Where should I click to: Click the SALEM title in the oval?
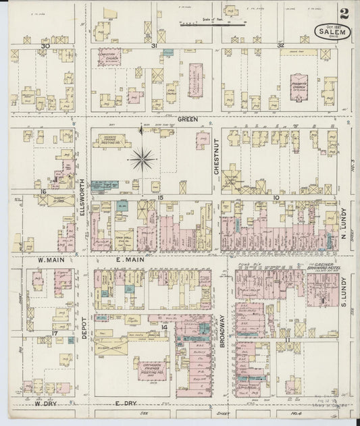coord(327,30)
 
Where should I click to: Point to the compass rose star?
coord(143,160)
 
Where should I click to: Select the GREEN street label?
coord(188,119)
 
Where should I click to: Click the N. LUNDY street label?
coord(344,233)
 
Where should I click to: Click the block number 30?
coord(46,46)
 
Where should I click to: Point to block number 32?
coord(280,46)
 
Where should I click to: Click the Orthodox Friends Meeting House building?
coord(152,367)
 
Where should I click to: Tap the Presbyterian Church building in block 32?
coord(299,88)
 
